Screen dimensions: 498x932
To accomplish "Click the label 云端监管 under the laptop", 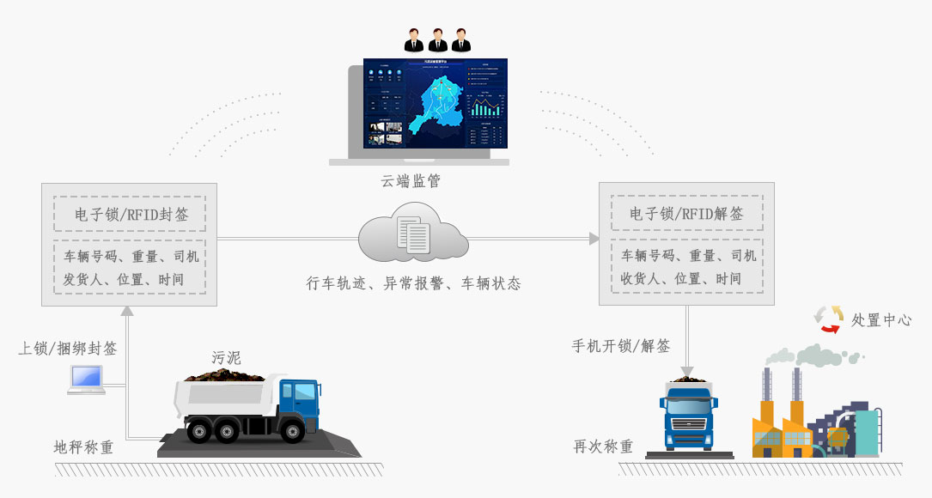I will [411, 181].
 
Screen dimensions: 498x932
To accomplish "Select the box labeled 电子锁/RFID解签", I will [686, 215].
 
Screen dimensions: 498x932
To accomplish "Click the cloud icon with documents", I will [412, 233].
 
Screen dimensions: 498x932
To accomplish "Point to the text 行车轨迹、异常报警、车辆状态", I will [413, 283].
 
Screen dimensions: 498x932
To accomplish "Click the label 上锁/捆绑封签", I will [68, 349].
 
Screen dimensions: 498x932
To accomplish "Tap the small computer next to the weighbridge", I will [87, 380].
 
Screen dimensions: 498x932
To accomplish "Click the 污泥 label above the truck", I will [226, 357].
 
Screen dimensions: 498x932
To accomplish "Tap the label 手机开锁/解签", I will [621, 346].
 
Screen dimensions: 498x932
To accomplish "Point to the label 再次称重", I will [603, 446].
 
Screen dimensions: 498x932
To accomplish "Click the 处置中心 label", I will [880, 320].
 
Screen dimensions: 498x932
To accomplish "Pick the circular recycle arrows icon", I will [829, 319].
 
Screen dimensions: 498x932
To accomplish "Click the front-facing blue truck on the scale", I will [688, 416].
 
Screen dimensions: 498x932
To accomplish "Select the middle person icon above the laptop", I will [437, 40].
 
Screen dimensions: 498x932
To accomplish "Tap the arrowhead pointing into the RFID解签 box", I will [594, 239].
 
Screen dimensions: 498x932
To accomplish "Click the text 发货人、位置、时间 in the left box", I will [124, 280].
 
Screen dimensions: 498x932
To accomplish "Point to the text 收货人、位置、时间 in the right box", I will [681, 279].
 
